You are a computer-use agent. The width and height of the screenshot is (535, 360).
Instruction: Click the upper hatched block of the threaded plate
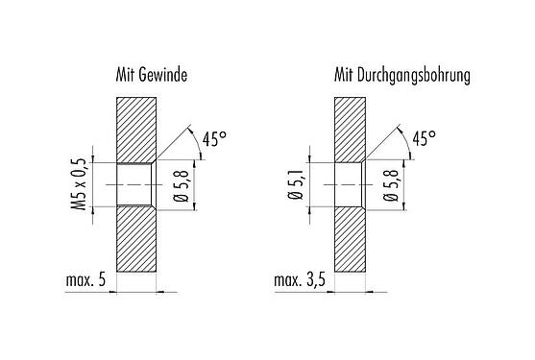135,128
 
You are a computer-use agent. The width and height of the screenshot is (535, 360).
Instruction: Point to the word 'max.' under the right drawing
287,281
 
